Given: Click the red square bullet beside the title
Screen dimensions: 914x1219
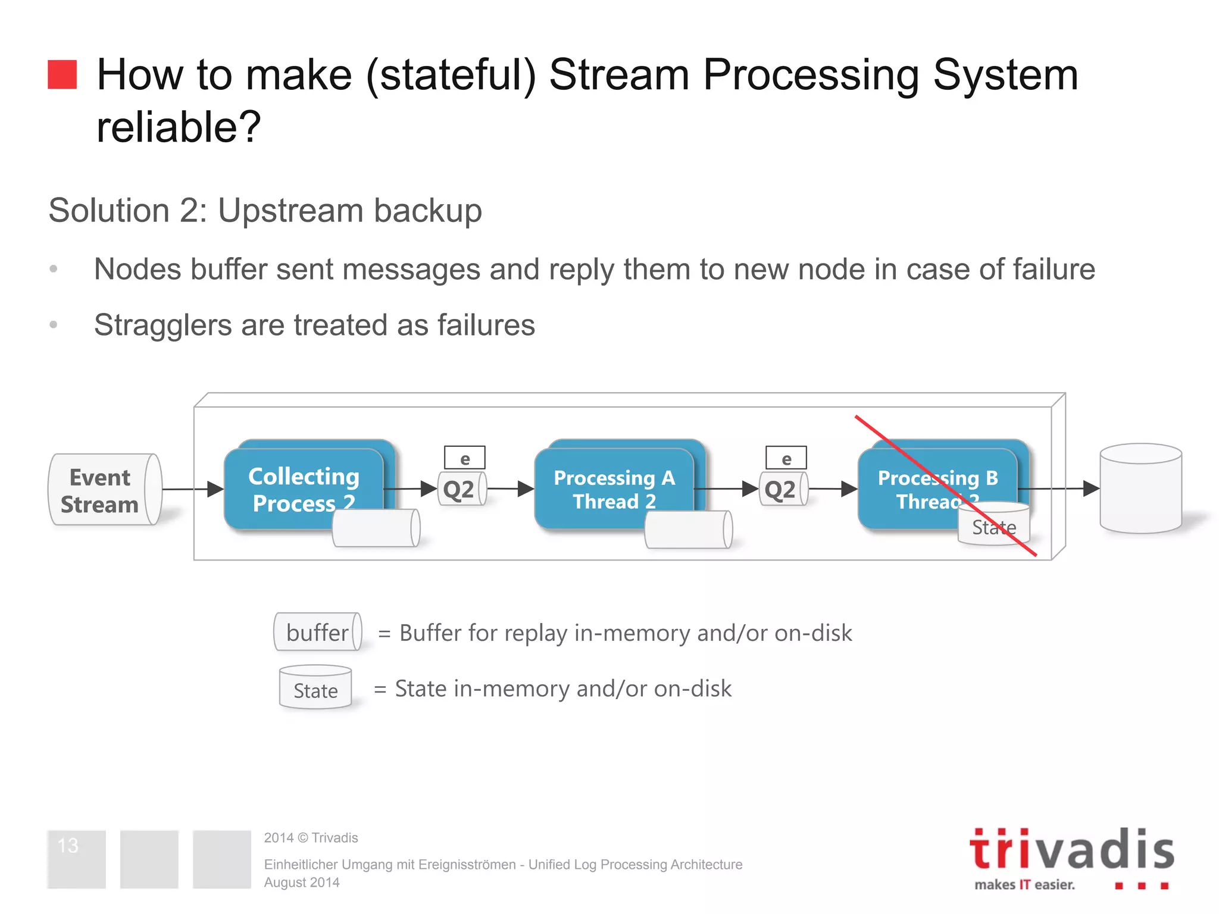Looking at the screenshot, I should click(62, 74).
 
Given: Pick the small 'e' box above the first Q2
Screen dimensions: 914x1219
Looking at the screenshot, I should click(465, 458).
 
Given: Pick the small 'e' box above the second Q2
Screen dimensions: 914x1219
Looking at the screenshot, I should click(786, 458).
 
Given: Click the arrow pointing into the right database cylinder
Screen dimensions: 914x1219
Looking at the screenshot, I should click(1059, 489).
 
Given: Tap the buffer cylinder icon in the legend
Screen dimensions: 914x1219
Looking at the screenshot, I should click(317, 632).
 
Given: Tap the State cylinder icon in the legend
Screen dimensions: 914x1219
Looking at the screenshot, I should click(315, 688).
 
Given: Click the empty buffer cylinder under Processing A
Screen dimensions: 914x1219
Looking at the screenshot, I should click(688, 529).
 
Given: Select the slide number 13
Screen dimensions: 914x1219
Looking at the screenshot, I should click(68, 845).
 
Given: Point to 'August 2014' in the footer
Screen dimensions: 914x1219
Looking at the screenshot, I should click(302, 882).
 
